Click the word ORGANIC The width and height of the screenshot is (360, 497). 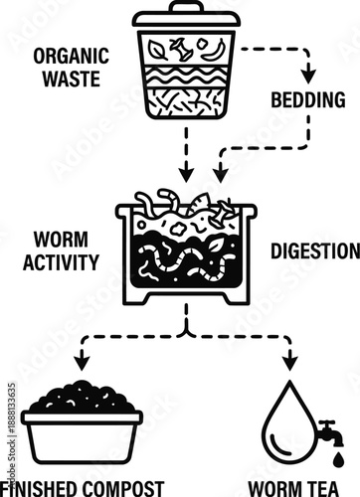coord(66,57)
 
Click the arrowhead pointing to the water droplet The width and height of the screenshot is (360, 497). coord(289,363)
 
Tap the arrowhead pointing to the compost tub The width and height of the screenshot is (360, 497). coord(83,363)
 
